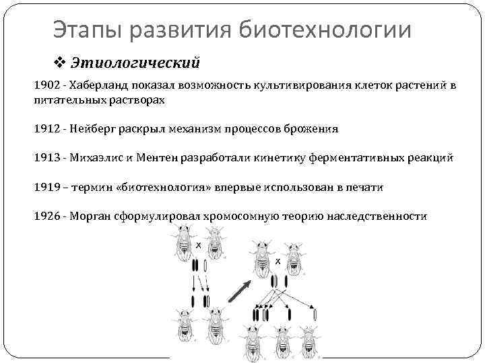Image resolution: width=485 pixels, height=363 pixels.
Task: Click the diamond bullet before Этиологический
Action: pos(59,63)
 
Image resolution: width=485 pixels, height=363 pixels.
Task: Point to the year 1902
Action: pos(46,86)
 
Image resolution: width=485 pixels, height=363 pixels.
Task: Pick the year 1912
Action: pos(46,128)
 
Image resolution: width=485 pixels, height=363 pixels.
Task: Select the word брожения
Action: pos(313,128)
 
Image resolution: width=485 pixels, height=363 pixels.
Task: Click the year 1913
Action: pos(46,157)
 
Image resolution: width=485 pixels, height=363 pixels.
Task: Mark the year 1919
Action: pos(46,187)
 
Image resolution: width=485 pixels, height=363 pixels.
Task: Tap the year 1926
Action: pos(46,216)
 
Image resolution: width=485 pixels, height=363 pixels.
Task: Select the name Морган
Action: pos(92,216)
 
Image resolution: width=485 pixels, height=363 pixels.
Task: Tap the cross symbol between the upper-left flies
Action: pos(199,245)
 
